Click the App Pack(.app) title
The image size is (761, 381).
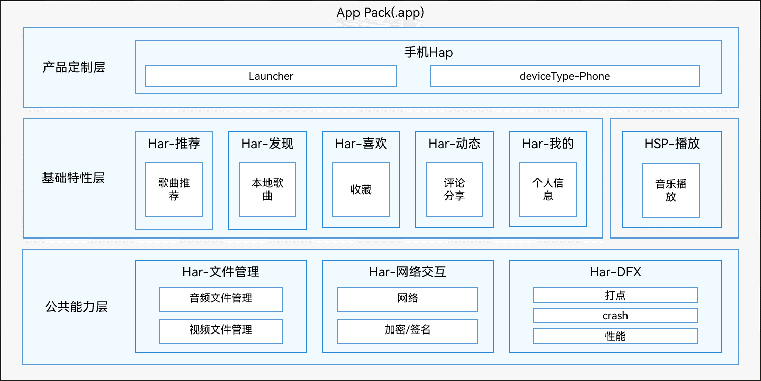(380, 13)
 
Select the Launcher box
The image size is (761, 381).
(271, 76)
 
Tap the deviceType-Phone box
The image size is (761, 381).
(565, 76)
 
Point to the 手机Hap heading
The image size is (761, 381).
(428, 52)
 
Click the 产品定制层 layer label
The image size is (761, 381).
(74, 67)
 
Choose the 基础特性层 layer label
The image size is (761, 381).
(73, 177)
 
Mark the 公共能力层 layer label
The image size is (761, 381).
(76, 306)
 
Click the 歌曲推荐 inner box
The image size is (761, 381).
(174, 189)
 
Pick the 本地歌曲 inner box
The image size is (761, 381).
(267, 189)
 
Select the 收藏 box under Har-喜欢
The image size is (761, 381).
(361, 189)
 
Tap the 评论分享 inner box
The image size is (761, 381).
(455, 189)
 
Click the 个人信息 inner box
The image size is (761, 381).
(548, 189)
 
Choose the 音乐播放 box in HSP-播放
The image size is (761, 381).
(671, 190)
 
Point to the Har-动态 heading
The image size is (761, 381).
(455, 144)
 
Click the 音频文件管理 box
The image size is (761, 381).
(221, 300)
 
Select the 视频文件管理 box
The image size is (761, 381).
(221, 331)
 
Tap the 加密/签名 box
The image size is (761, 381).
(408, 331)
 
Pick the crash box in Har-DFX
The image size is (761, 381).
(615, 316)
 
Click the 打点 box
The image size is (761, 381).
(615, 295)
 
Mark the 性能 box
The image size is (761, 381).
(615, 336)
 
